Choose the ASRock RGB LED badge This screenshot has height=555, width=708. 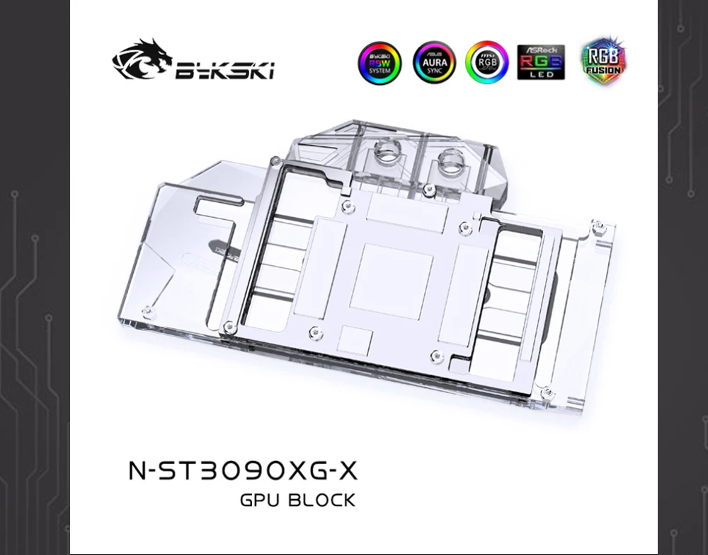541,62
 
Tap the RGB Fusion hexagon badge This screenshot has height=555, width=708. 602,59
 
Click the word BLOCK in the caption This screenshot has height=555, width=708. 322,501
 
